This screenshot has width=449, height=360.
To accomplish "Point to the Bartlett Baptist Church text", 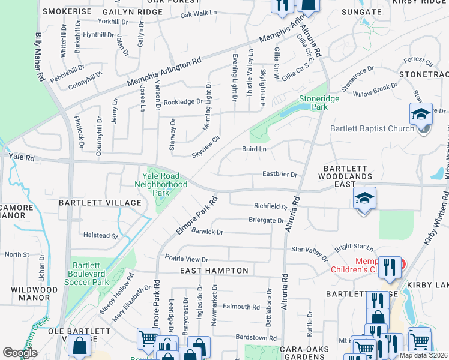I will [x=372, y=128].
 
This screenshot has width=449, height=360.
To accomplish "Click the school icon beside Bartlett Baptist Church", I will [x=421, y=115].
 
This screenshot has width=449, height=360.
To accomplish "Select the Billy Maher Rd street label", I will [x=40, y=58].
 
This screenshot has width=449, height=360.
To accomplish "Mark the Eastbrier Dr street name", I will [x=280, y=175].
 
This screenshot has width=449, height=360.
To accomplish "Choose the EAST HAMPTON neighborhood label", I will [x=214, y=271].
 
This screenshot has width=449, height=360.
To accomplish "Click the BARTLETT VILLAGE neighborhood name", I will [x=100, y=203].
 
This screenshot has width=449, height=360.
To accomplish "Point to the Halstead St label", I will [x=101, y=236].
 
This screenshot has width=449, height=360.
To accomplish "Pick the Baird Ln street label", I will [x=253, y=148].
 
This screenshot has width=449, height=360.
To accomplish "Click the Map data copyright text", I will [x=423, y=355].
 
